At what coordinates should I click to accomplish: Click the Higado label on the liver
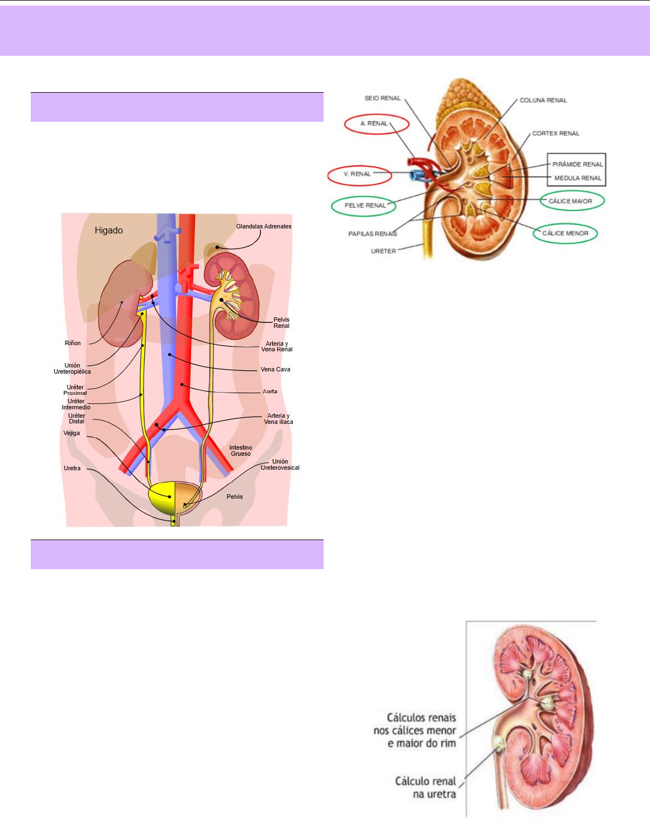tap(108, 230)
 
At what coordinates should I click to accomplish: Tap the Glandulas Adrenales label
tap(263, 226)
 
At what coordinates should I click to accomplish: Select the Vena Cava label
tap(275, 369)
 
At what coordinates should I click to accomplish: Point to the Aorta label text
tap(270, 392)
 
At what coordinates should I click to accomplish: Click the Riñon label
tap(73, 343)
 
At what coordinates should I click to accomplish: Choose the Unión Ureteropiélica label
tap(72, 369)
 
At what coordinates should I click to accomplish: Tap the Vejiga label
tap(72, 433)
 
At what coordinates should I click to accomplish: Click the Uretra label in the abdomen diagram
tap(72, 468)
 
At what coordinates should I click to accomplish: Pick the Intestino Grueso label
tap(240, 451)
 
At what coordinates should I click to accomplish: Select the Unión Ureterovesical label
tap(280, 465)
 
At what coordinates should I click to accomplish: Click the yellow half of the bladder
tap(162, 497)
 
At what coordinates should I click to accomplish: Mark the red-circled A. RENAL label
tap(374, 123)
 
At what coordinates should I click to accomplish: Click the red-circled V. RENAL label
tap(358, 174)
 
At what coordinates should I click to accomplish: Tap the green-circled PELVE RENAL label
tap(365, 206)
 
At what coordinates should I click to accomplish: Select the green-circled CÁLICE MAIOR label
tap(570, 201)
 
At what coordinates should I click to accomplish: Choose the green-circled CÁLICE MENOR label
tap(565, 233)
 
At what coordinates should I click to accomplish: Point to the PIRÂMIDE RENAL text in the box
tap(577, 164)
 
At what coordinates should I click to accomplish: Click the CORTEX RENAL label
tap(556, 133)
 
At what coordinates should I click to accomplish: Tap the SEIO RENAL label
tap(382, 98)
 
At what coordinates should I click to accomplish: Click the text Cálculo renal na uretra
tap(426, 788)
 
